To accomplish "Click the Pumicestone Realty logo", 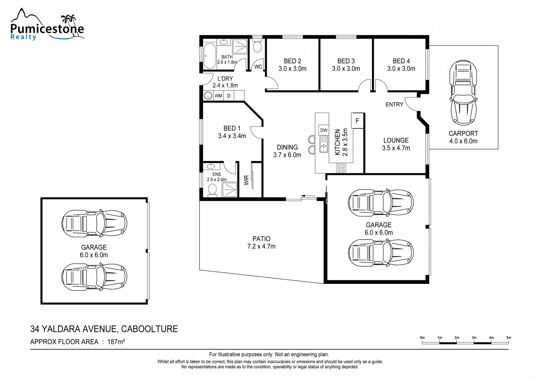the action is coord(47,24).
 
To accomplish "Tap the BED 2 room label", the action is coord(292,61).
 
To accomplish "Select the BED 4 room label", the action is coord(401,61).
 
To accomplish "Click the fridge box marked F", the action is coord(357,121).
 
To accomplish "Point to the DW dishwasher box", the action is coord(324,130).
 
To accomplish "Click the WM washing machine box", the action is coord(218,96).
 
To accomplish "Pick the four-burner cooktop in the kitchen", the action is coord(341,168).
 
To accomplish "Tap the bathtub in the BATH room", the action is coord(210,56).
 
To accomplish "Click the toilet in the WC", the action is coord(257,44).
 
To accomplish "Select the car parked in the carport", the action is coord(463,93).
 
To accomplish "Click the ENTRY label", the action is coord(394,104).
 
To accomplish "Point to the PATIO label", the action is coord(261,239).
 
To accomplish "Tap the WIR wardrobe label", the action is coord(246,180).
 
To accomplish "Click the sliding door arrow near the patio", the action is coord(308,196).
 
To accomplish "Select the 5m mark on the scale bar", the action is coord(509,338).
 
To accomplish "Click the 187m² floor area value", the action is coord(116,342).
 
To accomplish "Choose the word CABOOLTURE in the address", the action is coord(149,329).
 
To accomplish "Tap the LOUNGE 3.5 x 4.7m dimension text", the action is coord(396,148).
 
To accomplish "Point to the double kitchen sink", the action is coord(324,144).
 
